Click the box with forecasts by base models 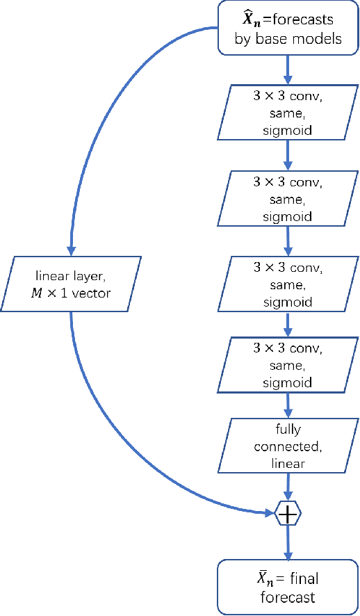(x=287, y=29)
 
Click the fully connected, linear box (x=287, y=444)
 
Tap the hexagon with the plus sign (x=288, y=514)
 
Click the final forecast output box (x=287, y=587)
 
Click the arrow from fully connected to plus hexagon (x=288, y=485)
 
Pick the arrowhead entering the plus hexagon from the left (x=270, y=514)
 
